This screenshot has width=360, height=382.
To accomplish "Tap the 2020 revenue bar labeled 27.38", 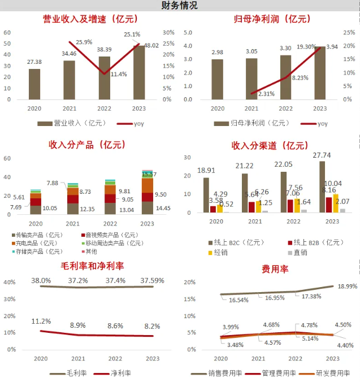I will tap(34, 84).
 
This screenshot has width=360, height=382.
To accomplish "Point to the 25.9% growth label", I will tap(84, 42).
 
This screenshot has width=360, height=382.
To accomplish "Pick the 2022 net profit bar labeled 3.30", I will tap(285, 77).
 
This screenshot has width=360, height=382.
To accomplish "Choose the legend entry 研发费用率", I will tap(331, 374).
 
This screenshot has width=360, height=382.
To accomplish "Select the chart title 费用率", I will tap(272, 270).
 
